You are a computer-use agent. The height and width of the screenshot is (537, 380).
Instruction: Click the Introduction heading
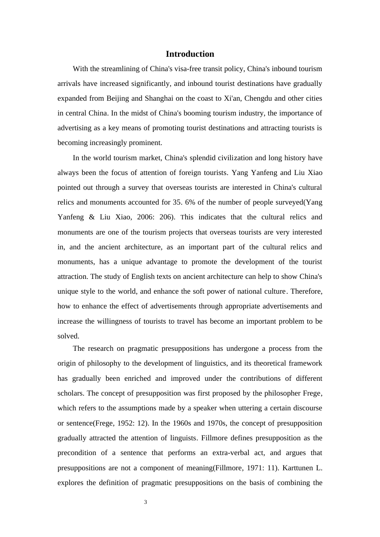point(190,54)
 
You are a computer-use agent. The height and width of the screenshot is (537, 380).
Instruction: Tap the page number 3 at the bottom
point(146,502)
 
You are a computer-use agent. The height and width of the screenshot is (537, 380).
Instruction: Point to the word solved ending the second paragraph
point(68,336)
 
